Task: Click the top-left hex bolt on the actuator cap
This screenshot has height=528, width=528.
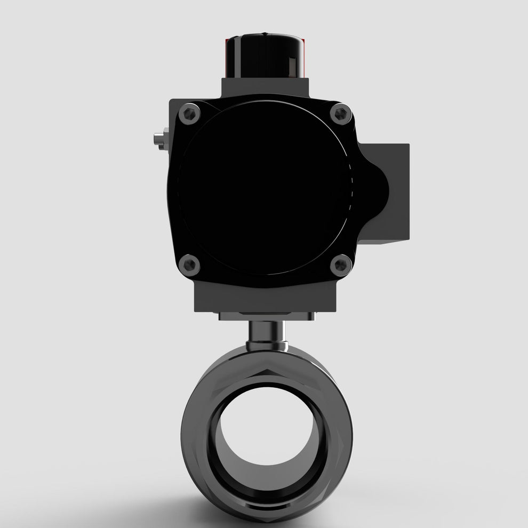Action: (x=189, y=114)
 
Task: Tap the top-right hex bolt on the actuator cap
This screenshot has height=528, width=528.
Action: (x=340, y=114)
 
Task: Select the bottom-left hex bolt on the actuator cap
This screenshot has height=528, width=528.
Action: (x=189, y=265)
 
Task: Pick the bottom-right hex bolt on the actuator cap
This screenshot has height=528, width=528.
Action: (x=340, y=265)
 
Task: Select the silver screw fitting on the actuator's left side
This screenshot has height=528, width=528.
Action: (x=158, y=140)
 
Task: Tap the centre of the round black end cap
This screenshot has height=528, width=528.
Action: (x=265, y=189)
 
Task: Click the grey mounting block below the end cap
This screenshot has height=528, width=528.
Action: (x=266, y=299)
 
